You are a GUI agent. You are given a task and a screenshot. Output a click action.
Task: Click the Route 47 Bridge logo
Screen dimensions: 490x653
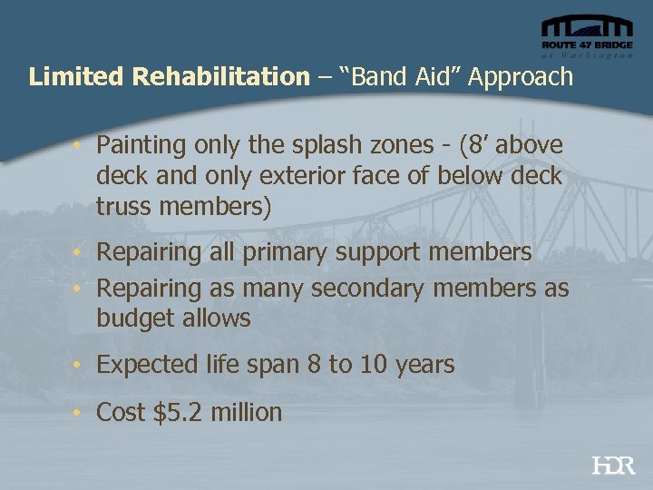[586, 37]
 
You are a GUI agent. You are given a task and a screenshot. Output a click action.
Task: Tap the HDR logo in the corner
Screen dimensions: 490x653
[613, 465]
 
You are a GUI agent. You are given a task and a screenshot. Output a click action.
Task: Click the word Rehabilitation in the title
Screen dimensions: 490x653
[220, 76]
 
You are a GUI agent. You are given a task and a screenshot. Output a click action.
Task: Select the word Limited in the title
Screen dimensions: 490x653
[76, 76]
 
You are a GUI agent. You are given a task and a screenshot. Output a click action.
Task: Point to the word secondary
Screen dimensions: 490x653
[380, 289]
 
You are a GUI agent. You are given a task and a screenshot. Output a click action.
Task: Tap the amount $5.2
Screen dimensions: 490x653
[180, 413]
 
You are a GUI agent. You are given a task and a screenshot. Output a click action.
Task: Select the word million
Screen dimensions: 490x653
[246, 413]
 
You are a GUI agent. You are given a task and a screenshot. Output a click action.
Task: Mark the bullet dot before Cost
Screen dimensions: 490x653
[80, 413]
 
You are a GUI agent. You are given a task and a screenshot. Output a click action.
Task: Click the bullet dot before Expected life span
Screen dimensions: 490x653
[80, 366]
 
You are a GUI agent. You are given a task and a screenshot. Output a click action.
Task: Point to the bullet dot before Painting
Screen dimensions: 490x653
[80, 145]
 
